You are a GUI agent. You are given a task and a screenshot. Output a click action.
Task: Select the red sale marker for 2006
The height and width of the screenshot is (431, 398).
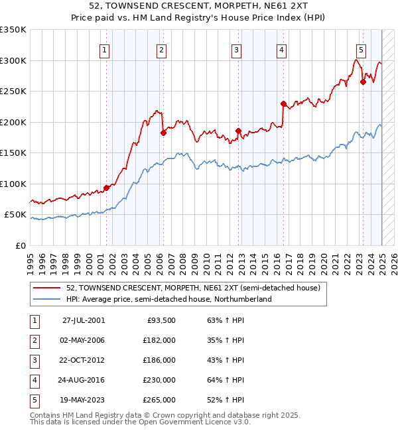click(163, 133)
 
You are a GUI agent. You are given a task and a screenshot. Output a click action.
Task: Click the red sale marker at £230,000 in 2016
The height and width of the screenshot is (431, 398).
click(283, 103)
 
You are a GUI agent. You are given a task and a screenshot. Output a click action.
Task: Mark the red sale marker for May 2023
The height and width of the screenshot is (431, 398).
click(363, 82)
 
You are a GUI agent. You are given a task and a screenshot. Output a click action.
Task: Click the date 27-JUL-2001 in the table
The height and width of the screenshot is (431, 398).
click(83, 320)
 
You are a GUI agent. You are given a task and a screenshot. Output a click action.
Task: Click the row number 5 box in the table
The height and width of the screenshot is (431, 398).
click(33, 400)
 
